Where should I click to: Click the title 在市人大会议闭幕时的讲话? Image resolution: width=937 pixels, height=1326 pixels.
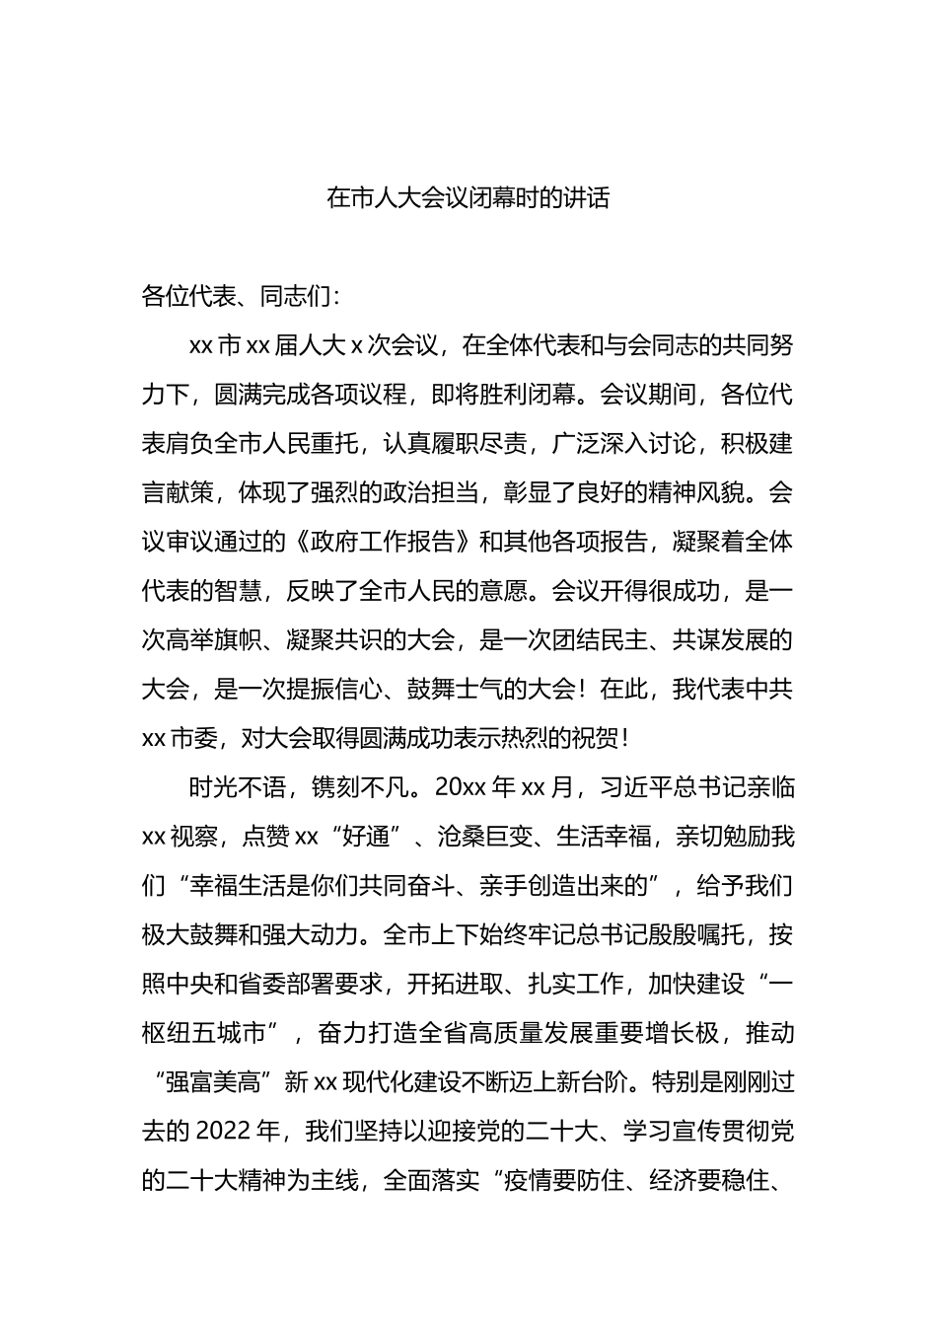[468, 198]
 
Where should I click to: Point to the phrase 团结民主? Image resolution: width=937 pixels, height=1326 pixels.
[601, 640]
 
